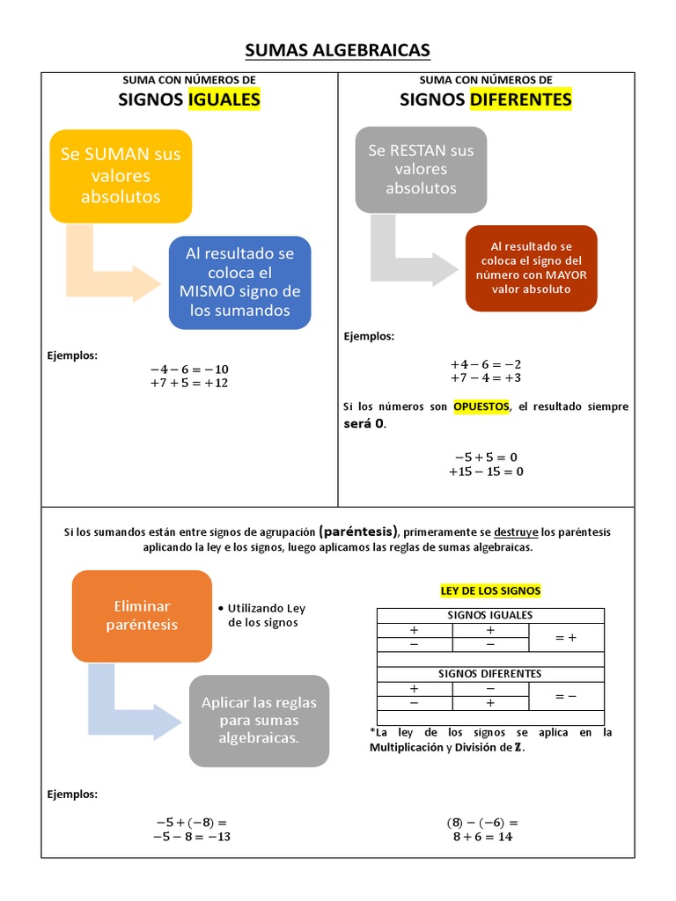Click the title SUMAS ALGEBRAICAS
(337, 50)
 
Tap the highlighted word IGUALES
(224, 99)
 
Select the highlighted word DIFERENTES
(520, 99)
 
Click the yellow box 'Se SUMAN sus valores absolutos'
(121, 175)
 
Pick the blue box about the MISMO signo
(240, 282)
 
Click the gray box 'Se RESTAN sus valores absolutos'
(421, 169)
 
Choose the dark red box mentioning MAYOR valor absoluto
(531, 267)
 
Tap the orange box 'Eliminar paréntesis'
(142, 616)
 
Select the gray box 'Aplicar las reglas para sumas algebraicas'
(259, 720)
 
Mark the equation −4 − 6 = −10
(189, 369)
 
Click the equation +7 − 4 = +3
(486, 377)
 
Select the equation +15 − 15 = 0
(486, 472)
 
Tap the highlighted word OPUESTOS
(481, 407)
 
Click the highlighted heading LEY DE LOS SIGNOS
(490, 590)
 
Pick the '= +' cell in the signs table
(566, 638)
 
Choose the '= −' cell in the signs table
(566, 696)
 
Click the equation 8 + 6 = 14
(482, 837)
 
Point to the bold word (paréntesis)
(359, 531)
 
